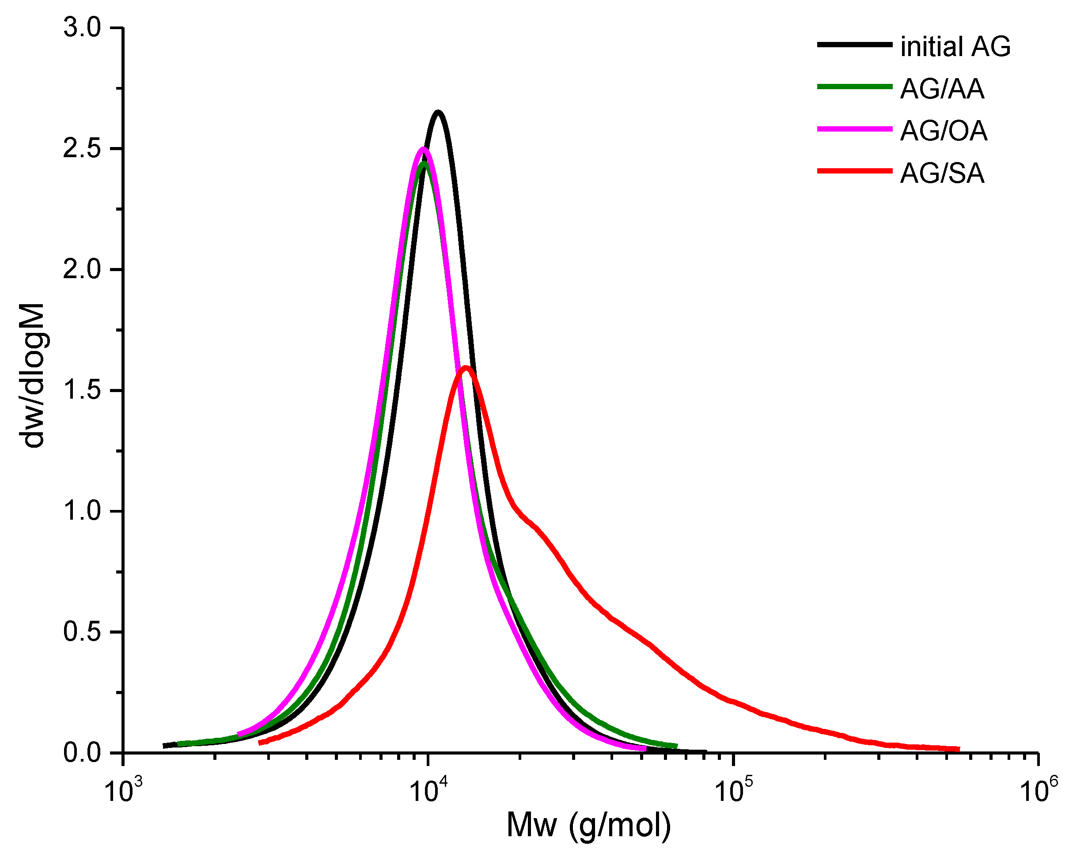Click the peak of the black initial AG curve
coord(438,112)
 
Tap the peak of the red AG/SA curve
coord(466,367)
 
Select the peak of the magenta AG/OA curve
coord(422,149)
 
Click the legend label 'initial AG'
coord(955,47)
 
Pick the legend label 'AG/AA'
coord(942,89)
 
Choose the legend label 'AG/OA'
coord(944,131)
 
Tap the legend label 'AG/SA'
coord(942,174)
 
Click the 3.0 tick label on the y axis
coord(82,28)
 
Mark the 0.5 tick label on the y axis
coord(82,632)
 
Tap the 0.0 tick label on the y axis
coord(82,753)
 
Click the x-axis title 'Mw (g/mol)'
coord(588,825)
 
